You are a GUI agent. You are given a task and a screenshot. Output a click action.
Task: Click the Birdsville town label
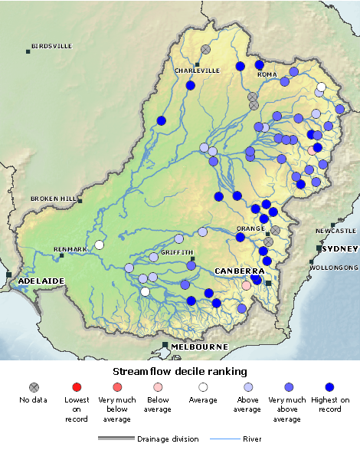coord(52,46)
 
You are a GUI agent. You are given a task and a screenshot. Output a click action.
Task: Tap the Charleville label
coord(197,71)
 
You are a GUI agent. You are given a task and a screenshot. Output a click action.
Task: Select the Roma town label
coord(267,74)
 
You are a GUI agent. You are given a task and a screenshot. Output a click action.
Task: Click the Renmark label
coord(70,249)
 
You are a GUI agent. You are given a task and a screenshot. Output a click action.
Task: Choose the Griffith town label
coord(177,252)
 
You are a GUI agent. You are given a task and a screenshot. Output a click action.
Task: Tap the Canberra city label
coord(240,271)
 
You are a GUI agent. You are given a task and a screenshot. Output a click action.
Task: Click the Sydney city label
coord(340,249)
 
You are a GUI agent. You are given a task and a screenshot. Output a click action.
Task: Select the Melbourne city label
coord(199,347)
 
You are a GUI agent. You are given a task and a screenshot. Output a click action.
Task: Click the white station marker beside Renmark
coord(99,245)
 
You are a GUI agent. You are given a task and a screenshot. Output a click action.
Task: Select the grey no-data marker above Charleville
coord(205,49)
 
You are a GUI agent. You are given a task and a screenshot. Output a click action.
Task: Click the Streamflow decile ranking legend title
coord(179,371)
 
